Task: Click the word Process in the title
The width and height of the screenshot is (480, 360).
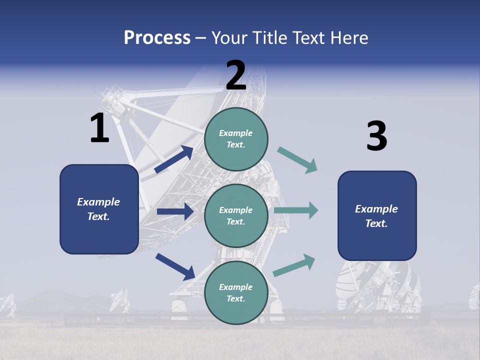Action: pos(157,38)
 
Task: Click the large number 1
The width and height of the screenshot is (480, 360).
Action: pos(99,128)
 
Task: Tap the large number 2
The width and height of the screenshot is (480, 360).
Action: pos(236,75)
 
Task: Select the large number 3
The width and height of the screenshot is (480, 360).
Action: pos(376,136)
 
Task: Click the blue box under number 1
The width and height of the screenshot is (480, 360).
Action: pos(99,209)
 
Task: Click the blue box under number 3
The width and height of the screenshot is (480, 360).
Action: pos(377,216)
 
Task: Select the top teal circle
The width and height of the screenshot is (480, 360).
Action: pos(236,139)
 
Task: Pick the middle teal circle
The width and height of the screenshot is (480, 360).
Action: pos(236,216)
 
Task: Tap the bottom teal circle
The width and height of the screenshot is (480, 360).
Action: pos(236,292)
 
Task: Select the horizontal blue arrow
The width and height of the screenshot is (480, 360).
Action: pos(175,211)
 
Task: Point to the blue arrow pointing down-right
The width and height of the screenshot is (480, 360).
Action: pos(175,266)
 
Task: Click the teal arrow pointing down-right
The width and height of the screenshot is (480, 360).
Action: pos(297,160)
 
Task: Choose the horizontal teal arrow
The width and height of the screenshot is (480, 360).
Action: pos(296,210)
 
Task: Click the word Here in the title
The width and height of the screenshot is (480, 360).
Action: pos(348,38)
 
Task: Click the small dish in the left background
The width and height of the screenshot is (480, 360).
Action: pos(120,300)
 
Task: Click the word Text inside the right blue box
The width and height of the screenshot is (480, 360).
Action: pos(376,223)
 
